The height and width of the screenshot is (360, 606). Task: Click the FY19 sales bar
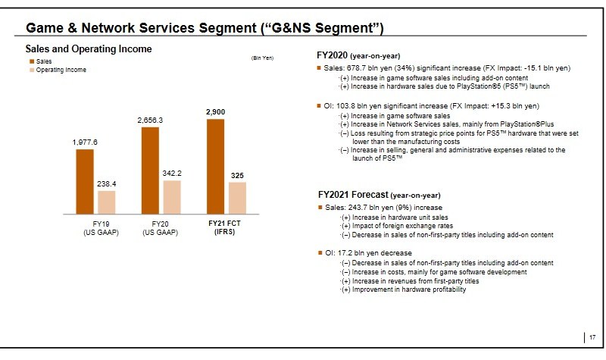pos(84,181)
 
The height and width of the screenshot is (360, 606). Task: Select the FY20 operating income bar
pos(172,197)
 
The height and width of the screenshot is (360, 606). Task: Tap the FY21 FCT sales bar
pos(215,166)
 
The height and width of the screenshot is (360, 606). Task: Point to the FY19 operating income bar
pos(107,202)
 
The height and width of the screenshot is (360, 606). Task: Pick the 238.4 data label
pos(107,183)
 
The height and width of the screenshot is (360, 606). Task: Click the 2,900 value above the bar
pos(215,111)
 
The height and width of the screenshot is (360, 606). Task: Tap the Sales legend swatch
pos(32,61)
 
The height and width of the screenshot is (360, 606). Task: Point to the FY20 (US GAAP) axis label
pos(160,228)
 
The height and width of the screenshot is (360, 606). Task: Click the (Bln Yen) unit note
pos(262,58)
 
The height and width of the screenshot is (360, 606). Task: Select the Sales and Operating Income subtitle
pos(89,49)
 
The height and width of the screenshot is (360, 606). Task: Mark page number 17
pos(592,337)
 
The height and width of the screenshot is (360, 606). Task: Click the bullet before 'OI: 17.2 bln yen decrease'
pos(320,252)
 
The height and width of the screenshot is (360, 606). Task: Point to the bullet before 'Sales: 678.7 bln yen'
pos(320,69)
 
